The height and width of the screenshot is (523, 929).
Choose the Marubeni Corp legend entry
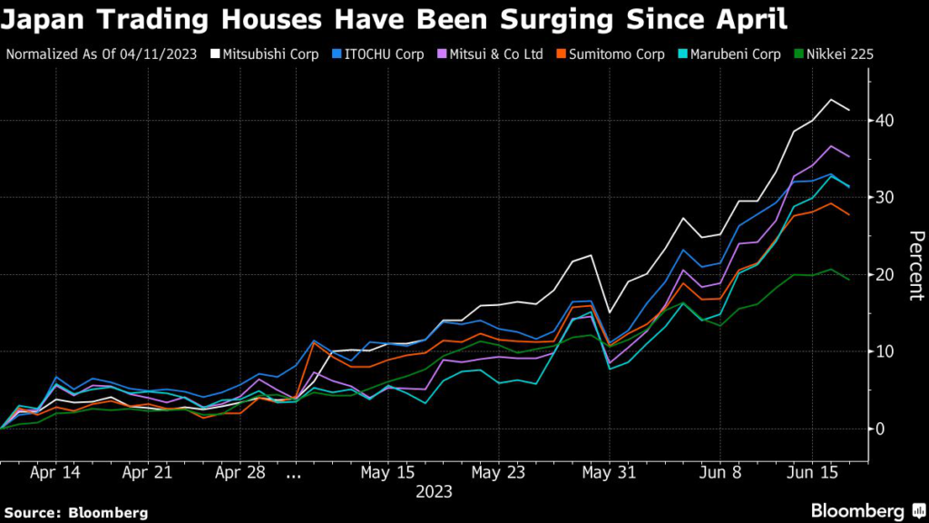pyautogui.click(x=736, y=54)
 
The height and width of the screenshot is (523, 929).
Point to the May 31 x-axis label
pyautogui.click(x=609, y=473)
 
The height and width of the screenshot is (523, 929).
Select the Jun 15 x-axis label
pyautogui.click(x=810, y=473)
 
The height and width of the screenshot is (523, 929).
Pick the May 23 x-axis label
pyautogui.click(x=499, y=473)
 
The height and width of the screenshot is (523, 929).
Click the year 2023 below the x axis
pyautogui.click(x=434, y=493)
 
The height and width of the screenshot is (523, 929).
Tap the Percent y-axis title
pyautogui.click(x=916, y=265)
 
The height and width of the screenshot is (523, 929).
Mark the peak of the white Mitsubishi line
pyautogui.click(x=831, y=100)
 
